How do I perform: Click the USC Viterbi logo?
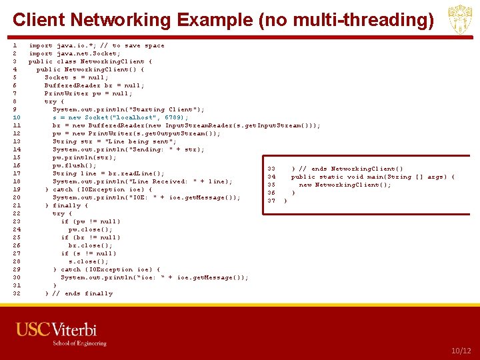tap(57, 330)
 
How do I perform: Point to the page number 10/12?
tap(461, 351)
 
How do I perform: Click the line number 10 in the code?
tap(17, 117)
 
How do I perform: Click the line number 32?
tap(17, 293)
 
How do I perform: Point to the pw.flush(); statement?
tap(75, 165)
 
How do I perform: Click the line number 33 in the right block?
tap(271, 169)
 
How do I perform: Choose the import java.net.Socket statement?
tap(75, 53)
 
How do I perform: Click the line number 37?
tap(271, 201)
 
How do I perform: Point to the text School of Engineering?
tap(79, 343)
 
